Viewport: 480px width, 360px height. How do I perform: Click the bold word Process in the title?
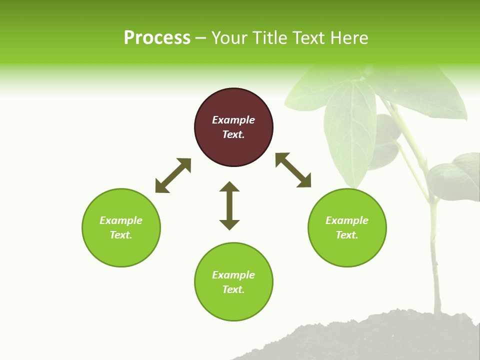pyautogui.click(x=157, y=38)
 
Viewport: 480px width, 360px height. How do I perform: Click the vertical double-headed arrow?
pyautogui.click(x=229, y=205)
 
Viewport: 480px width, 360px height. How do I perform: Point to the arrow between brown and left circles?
pyautogui.click(x=173, y=175)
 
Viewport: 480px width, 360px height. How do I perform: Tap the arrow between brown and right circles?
pyautogui.click(x=293, y=170)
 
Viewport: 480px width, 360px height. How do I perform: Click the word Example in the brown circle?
pyautogui.click(x=233, y=120)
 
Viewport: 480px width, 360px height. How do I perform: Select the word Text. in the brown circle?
pyautogui.click(x=233, y=134)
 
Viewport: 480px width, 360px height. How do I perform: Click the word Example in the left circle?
pyautogui.click(x=121, y=220)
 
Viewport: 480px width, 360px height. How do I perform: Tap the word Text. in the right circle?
pyautogui.click(x=347, y=235)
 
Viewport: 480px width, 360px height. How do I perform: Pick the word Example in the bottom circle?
pyautogui.click(x=233, y=275)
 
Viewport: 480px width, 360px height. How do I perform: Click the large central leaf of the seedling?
pyautogui.click(x=350, y=130)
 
